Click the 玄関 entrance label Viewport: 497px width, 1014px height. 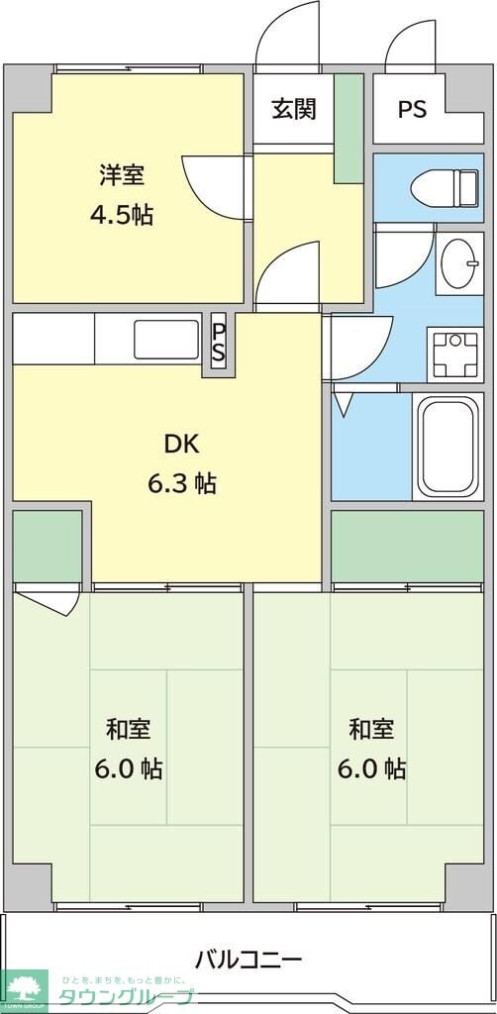click(x=294, y=109)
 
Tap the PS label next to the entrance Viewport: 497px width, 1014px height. click(x=412, y=109)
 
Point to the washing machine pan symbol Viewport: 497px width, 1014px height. click(x=455, y=354)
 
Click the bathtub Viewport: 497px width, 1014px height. click(x=448, y=448)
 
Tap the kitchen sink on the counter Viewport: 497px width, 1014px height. click(x=166, y=339)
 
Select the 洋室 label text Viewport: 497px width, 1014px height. click(x=122, y=175)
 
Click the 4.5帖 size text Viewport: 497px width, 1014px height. click(x=122, y=214)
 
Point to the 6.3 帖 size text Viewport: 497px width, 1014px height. click(x=181, y=483)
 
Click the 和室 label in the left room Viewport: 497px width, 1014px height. click(x=128, y=730)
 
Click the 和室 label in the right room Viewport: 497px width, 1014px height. click(x=371, y=730)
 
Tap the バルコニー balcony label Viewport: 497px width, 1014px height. click(x=248, y=959)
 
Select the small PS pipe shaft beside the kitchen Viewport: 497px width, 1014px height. click(x=219, y=344)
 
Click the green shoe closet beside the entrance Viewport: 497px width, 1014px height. click(x=348, y=128)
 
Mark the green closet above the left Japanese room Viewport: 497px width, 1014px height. click(x=48, y=547)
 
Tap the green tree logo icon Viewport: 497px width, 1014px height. click(x=25, y=990)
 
